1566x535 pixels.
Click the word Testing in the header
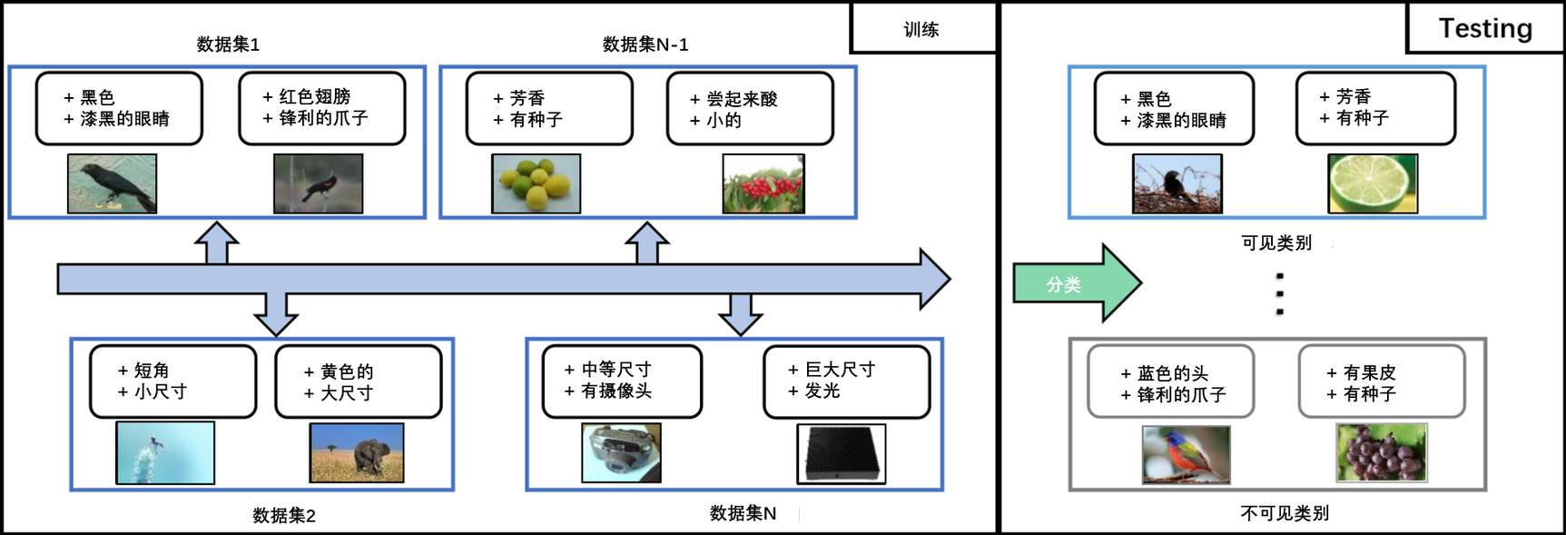click(x=1485, y=28)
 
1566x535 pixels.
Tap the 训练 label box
click(x=922, y=29)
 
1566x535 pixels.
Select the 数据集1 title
click(x=228, y=45)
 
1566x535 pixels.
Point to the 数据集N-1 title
click(x=645, y=45)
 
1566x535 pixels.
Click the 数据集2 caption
click(x=283, y=516)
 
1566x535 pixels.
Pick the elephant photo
click(x=357, y=452)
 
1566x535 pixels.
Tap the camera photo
click(x=621, y=452)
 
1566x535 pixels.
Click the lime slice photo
click(x=1373, y=183)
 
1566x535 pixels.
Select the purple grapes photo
click(x=1381, y=452)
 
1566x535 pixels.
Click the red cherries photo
click(x=763, y=183)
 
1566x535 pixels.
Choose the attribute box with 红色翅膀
click(x=322, y=108)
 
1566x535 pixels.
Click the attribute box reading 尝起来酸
click(x=750, y=109)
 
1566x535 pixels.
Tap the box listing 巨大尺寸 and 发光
click(x=846, y=381)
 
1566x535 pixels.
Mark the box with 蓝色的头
click(x=1171, y=381)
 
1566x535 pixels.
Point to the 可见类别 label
click(x=1275, y=243)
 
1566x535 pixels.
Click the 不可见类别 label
click(x=1284, y=513)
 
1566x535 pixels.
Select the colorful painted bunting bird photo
click(x=1186, y=454)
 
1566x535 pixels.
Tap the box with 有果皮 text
click(x=1382, y=381)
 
